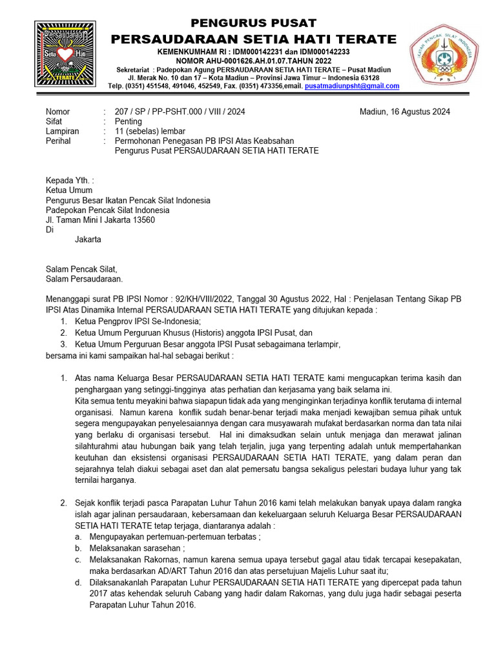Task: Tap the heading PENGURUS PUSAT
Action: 254,23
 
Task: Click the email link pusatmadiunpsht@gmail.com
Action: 352,86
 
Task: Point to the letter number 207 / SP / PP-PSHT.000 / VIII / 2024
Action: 180,112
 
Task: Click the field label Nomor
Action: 57,112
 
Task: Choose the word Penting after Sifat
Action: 128,121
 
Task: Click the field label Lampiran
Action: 62,131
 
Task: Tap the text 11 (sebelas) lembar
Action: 149,131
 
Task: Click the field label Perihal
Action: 58,141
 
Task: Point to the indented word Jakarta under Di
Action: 88,239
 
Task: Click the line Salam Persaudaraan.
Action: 83,279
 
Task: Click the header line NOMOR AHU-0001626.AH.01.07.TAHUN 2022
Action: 254,61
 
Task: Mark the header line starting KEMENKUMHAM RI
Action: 254,52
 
